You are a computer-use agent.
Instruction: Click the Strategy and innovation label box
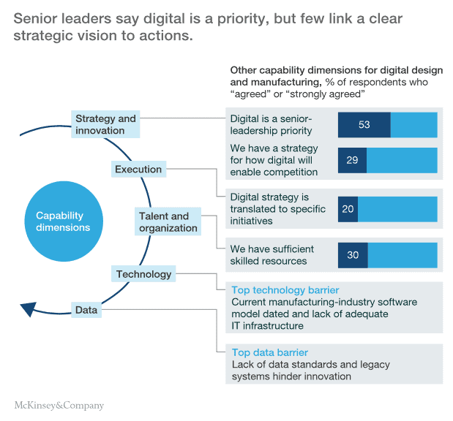point(106,124)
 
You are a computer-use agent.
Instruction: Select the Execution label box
point(138,170)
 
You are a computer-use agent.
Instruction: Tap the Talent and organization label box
point(168,222)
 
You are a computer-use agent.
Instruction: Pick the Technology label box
point(143,274)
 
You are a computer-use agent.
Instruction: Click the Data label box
point(86,310)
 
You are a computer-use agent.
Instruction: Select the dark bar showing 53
point(364,125)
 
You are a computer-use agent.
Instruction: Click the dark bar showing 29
point(352,160)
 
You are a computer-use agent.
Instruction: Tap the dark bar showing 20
point(348,209)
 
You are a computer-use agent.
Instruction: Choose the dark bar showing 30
point(353,255)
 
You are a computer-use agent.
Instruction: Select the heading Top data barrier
point(269,352)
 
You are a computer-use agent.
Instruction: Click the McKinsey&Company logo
point(59,405)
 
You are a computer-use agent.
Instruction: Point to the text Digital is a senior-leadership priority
point(272,125)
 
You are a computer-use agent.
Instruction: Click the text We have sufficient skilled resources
point(269,255)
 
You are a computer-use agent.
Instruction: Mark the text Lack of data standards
point(285,364)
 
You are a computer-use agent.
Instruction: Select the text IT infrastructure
point(267,326)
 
